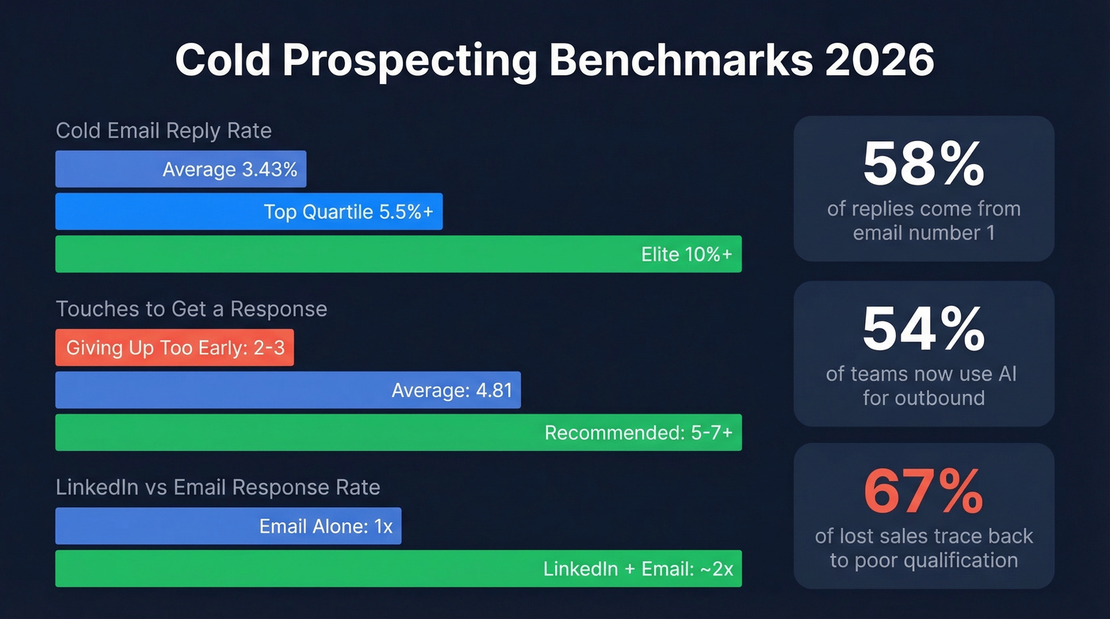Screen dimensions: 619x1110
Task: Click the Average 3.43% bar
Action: (181, 169)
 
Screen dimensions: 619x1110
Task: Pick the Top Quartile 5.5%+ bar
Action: (248, 212)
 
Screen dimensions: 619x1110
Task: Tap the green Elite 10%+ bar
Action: (398, 254)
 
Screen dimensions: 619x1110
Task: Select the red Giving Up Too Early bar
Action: (174, 347)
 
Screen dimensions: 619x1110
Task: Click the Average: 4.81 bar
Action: (288, 390)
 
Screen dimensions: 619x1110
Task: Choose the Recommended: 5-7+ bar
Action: (398, 433)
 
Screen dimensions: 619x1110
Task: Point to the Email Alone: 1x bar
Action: (228, 525)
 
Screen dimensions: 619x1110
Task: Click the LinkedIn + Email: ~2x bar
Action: (398, 568)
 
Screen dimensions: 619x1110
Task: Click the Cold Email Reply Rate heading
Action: (164, 131)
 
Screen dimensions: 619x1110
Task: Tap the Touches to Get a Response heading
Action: (191, 308)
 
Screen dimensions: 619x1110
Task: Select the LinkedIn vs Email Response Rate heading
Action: (218, 487)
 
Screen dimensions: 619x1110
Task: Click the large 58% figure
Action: (924, 165)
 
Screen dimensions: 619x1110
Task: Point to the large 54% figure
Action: (924, 329)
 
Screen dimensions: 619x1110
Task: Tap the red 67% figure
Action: (924, 491)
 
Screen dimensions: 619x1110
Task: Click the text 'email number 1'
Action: (924, 233)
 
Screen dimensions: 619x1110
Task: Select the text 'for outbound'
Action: (924, 397)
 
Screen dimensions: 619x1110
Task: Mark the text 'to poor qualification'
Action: (924, 560)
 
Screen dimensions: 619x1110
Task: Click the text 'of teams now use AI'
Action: (924, 373)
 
